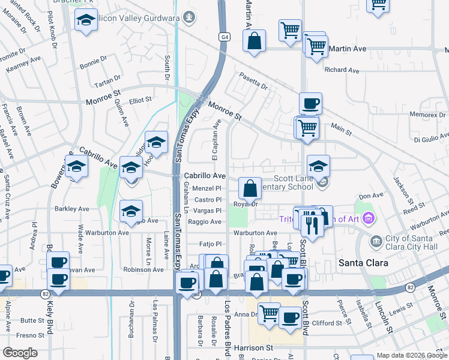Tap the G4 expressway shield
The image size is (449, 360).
pos(224,37)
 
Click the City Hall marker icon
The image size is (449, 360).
pos(376,242)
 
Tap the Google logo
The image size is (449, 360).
pos(20,353)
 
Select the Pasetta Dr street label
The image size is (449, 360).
pos(253,81)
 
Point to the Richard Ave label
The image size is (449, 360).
pos(342,70)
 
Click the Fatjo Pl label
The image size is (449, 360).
pos(211,244)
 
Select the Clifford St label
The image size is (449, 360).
pos(327,323)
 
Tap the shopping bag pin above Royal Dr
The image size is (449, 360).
pos(250,188)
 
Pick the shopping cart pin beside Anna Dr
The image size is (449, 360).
pos(269,312)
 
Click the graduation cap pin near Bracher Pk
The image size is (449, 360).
pos(86,20)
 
